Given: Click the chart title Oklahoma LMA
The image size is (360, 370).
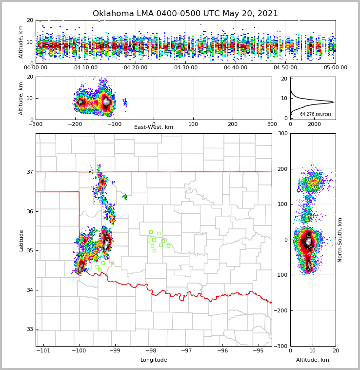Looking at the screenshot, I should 185,14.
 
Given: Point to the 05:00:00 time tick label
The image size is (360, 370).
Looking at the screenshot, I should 335,68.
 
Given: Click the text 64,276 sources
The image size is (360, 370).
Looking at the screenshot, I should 316,114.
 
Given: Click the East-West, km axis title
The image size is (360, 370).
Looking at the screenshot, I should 154,127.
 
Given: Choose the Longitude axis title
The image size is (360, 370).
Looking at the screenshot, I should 154,360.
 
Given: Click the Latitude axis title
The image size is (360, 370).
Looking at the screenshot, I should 21,240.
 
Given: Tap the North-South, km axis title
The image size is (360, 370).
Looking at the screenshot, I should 340,240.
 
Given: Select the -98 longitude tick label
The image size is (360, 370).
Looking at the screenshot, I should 150,351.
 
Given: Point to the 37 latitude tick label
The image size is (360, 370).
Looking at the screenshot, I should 30,172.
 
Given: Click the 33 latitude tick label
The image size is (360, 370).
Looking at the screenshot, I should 30,329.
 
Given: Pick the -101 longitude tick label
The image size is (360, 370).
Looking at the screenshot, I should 43,351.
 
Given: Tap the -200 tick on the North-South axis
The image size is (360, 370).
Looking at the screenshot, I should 282,311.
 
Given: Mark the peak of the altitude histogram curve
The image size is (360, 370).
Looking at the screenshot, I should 333,102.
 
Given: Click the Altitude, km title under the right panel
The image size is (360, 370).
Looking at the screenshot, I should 313,360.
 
